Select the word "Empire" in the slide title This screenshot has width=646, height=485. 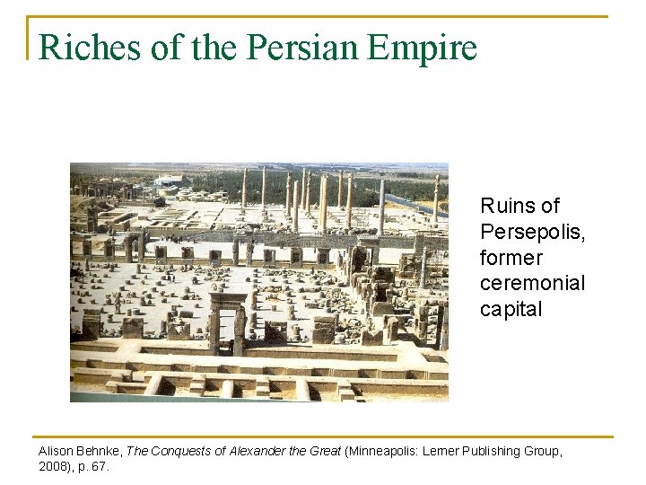(x=423, y=47)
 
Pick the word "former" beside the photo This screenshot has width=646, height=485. (x=511, y=258)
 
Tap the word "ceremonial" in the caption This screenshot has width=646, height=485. (x=533, y=283)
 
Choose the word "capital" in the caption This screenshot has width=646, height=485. (x=511, y=309)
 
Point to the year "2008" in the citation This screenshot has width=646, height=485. (x=53, y=467)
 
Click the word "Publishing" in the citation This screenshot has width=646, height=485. (x=502, y=451)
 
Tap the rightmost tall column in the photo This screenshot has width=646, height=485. (x=436, y=198)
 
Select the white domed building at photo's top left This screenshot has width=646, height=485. (x=170, y=180)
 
